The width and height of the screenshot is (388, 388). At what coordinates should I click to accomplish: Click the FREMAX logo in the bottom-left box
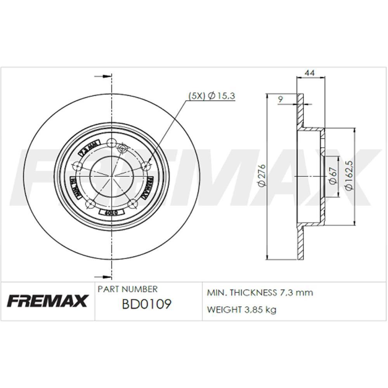(47, 301)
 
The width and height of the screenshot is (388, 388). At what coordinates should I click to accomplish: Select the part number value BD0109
(146, 304)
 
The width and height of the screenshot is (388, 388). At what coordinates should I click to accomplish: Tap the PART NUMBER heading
(128, 289)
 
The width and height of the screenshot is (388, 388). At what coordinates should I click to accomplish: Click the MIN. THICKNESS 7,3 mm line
(260, 293)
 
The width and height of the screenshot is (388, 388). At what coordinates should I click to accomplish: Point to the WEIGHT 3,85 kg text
(242, 310)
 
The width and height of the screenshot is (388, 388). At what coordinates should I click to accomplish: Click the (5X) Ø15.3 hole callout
(212, 96)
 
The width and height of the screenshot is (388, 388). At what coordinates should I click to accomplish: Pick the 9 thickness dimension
(281, 99)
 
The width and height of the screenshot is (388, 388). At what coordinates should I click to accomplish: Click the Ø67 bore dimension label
(332, 176)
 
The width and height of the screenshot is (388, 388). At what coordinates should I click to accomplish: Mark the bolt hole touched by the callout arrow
(145, 166)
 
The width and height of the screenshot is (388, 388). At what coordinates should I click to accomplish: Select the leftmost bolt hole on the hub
(78, 166)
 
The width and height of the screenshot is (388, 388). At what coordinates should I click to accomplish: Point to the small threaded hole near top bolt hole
(123, 148)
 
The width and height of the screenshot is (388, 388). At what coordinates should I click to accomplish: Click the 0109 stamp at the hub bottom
(111, 213)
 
